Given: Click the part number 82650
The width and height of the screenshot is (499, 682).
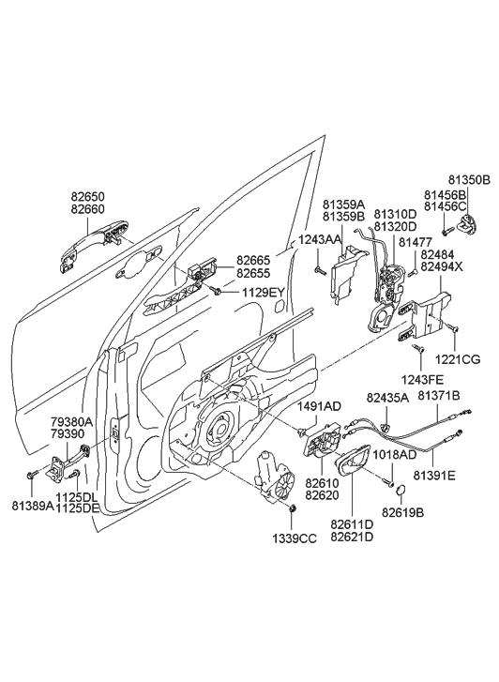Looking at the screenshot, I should [x=90, y=198].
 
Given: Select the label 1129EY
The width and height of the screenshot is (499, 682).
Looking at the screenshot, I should [x=262, y=293].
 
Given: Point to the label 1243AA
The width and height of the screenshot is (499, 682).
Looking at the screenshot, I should [x=320, y=240].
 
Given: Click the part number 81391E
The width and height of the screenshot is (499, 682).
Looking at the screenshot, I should [x=435, y=476].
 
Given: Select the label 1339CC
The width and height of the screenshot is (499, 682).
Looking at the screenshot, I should [x=293, y=539].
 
